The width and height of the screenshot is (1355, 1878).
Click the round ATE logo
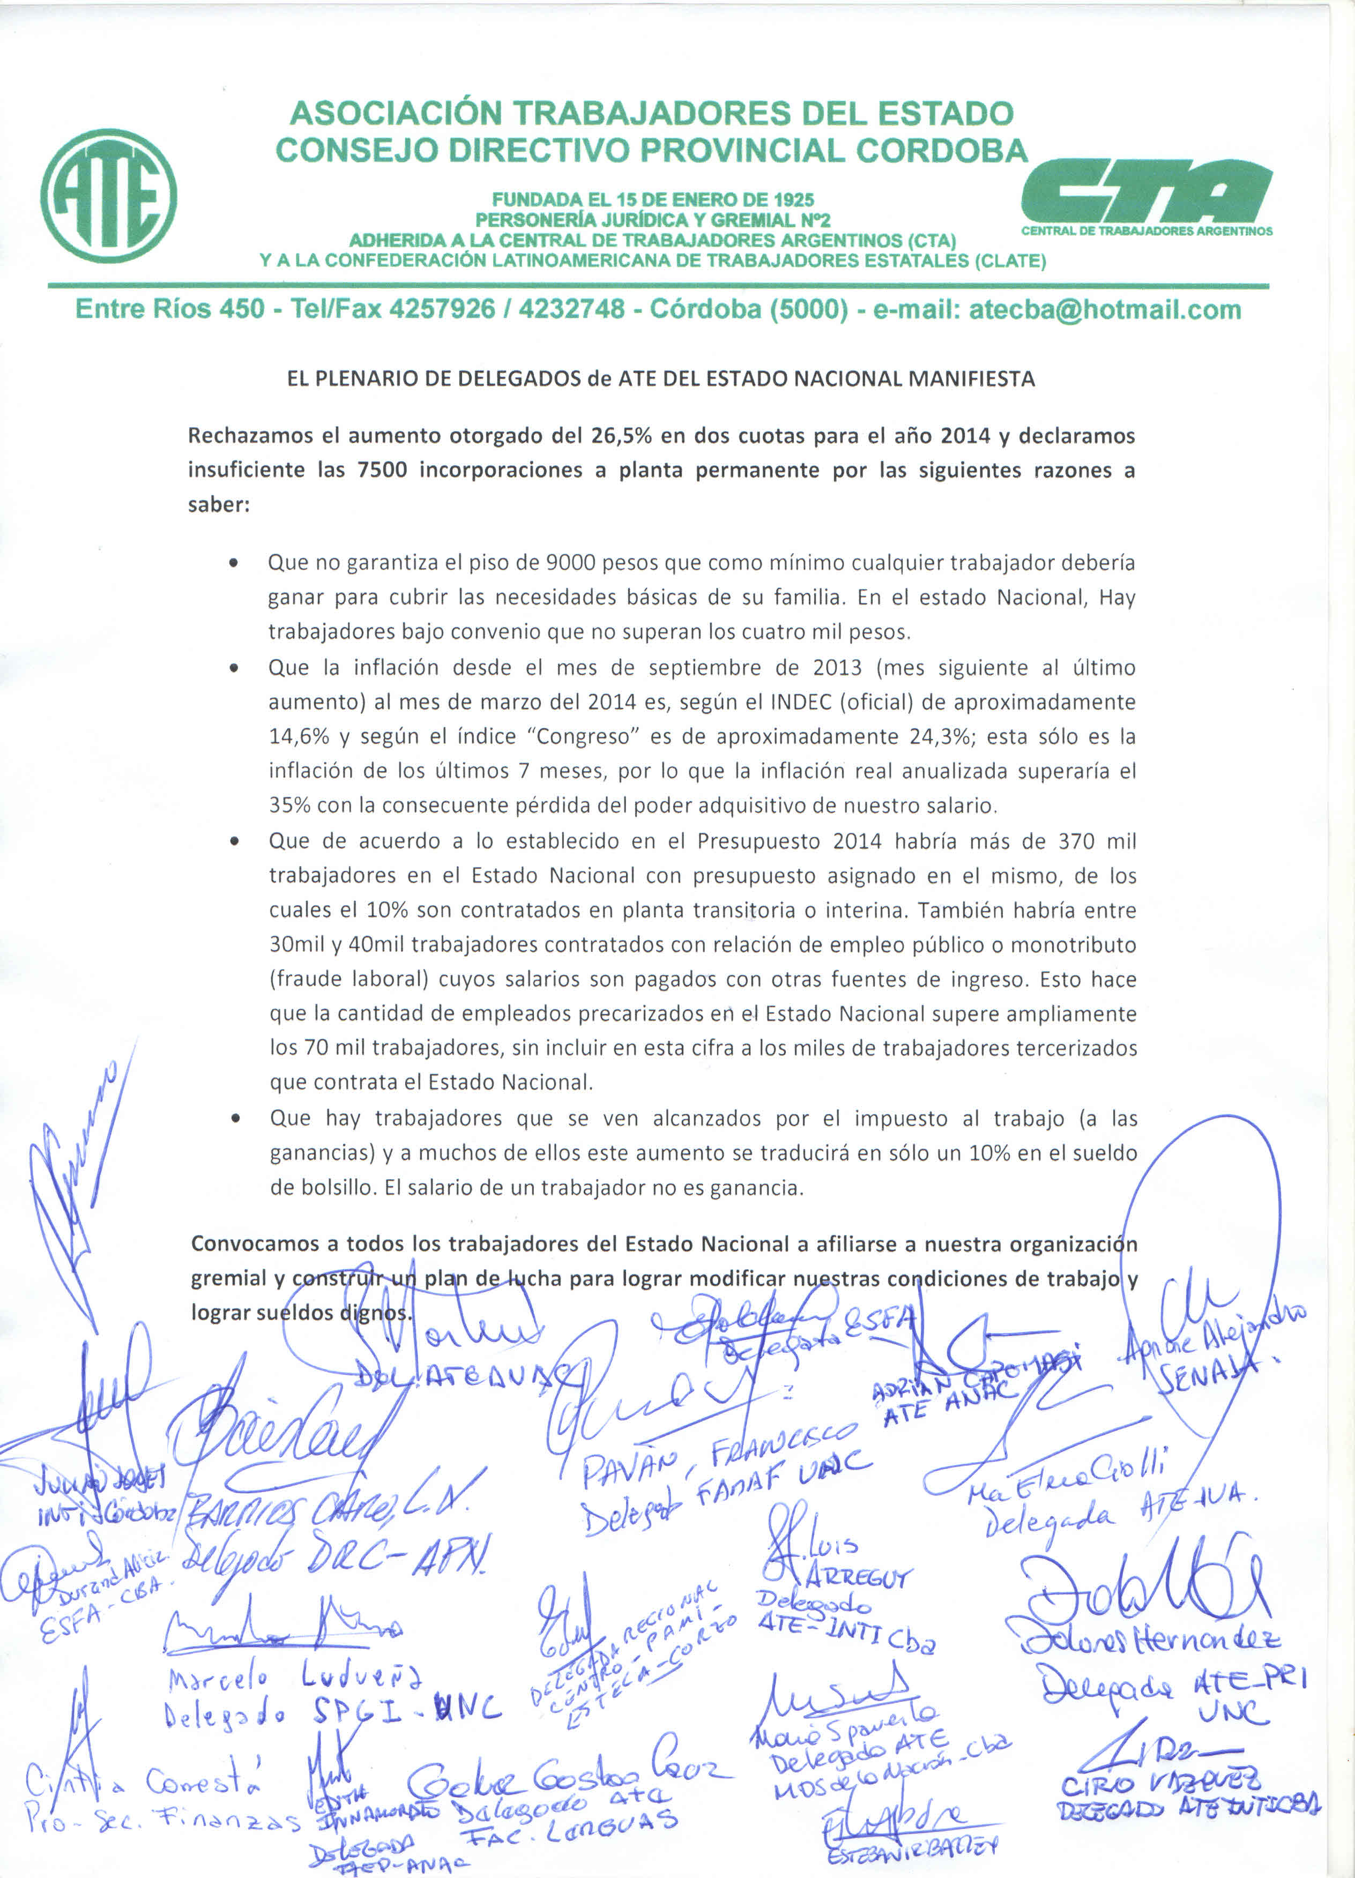[x=108, y=196]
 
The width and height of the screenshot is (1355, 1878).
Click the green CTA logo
[x=1147, y=191]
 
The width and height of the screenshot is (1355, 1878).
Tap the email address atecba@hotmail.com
[x=1105, y=310]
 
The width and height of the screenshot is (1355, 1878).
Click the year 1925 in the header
[x=793, y=199]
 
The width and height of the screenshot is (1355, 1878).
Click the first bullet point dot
[x=235, y=564]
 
